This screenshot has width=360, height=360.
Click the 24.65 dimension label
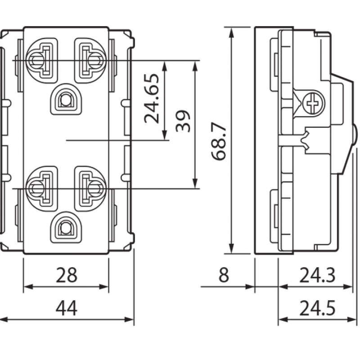(152, 99)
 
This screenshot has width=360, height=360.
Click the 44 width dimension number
(66, 309)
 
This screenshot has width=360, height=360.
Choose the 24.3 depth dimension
(318, 274)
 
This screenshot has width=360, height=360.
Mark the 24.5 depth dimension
(318, 309)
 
